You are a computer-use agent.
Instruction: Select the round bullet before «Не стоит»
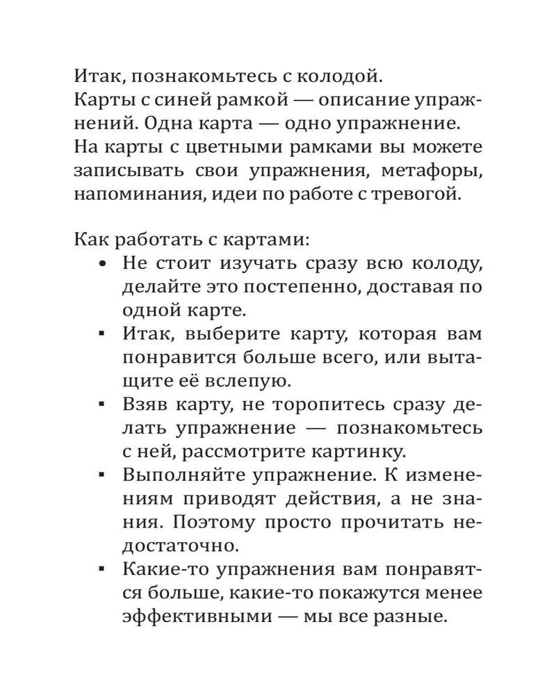(x=103, y=265)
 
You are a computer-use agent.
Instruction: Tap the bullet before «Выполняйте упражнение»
(x=103, y=477)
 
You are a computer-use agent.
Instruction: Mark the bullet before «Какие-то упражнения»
(x=103, y=572)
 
